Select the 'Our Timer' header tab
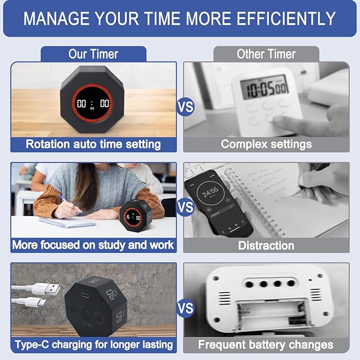pos(93,54)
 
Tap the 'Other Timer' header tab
pos(266,54)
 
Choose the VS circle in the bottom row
pos(185,308)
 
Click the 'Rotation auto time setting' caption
pos(93,144)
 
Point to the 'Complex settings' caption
pos(266,144)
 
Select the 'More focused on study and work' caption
pos(93,245)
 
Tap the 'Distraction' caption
pos(266,245)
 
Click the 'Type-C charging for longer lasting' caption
pos(93,345)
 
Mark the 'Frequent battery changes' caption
pos(266,345)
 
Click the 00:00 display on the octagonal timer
pos(93,104)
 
